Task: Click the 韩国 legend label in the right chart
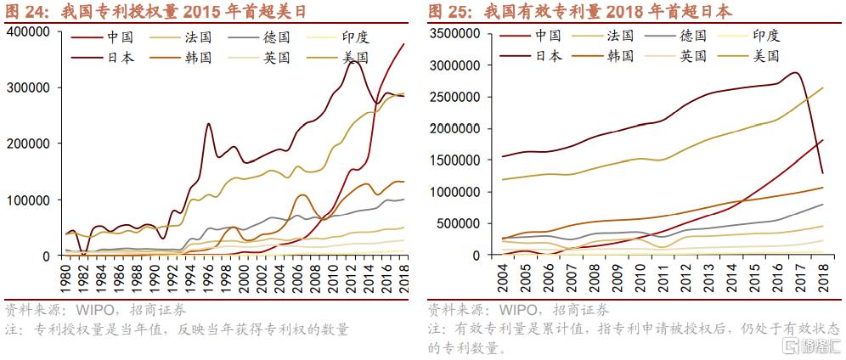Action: [x=621, y=55]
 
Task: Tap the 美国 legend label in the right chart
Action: [x=768, y=55]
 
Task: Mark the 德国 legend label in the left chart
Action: [x=274, y=39]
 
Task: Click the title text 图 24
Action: [x=25, y=10]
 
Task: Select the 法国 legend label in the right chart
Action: [x=621, y=36]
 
